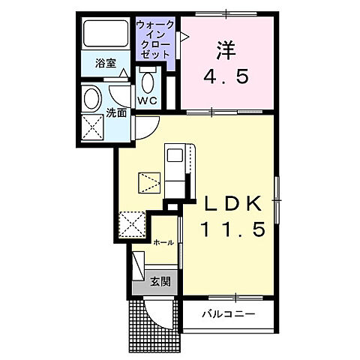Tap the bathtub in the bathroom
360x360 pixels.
click(x=106, y=35)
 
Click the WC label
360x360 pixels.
click(x=145, y=99)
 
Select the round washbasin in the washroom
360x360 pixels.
click(x=94, y=98)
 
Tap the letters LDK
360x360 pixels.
click(x=232, y=204)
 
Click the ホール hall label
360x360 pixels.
click(x=163, y=243)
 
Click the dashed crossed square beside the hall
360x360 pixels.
click(x=134, y=223)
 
